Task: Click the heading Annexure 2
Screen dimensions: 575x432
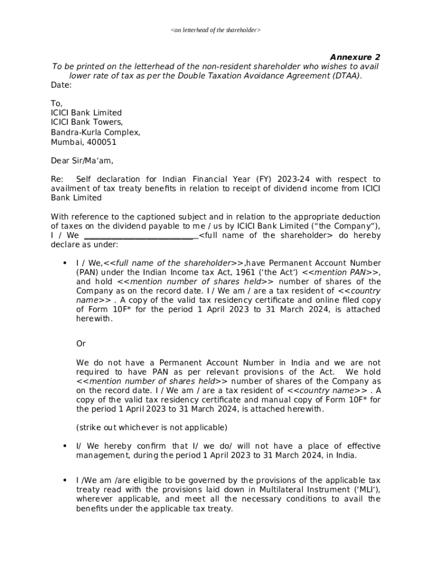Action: tap(355, 57)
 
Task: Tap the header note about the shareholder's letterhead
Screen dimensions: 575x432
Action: tap(215, 29)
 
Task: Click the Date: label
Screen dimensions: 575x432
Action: tap(61, 85)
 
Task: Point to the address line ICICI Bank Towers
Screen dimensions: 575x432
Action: tap(86, 122)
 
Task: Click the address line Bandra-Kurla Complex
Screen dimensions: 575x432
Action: tap(95, 133)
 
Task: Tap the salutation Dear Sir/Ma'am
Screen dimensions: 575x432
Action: tap(82, 161)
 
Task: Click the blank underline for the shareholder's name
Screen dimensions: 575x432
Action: tap(140, 236)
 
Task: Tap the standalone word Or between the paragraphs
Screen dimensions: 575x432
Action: tap(81, 344)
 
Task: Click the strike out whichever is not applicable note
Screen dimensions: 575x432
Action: tap(151, 427)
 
